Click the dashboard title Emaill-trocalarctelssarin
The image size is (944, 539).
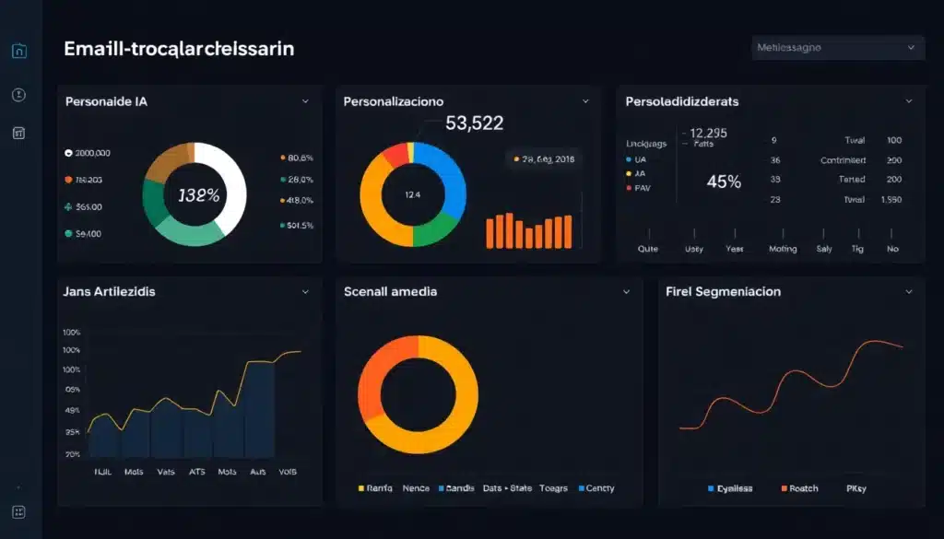[x=179, y=49]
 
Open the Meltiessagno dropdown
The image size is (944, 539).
[x=838, y=47]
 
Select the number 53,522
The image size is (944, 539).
[x=474, y=123]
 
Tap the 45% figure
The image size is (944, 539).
[x=724, y=182]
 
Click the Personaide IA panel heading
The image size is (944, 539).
[x=106, y=101]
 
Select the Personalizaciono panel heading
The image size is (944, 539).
[x=393, y=101]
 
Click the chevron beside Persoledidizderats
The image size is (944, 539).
[x=909, y=101]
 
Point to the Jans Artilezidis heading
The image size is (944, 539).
[x=109, y=291]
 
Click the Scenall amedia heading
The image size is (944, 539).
[x=390, y=291]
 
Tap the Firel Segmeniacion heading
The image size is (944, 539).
[x=723, y=291]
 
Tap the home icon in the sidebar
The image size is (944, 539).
[x=18, y=52]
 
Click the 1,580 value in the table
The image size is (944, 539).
[x=891, y=199]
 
